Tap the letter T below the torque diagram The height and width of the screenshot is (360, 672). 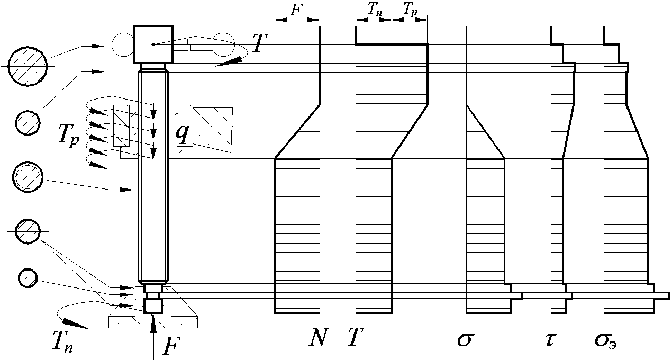(356, 337)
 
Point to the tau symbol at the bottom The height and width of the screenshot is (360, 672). (550, 339)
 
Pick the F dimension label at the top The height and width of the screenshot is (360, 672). (296, 10)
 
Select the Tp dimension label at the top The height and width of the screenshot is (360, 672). (410, 11)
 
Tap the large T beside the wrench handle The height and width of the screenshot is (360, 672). (260, 43)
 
